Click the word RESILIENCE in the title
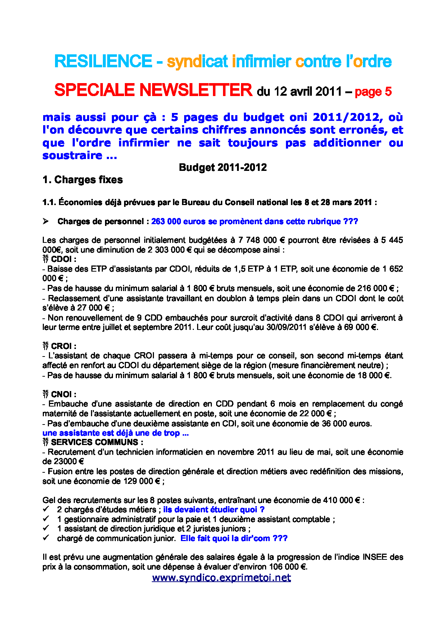[x=103, y=62]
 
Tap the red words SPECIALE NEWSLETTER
[x=153, y=90]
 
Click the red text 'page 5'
[x=373, y=92]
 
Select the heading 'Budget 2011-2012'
[x=223, y=168]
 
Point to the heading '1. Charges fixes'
[x=82, y=180]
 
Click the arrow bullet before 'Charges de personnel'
[x=46, y=221]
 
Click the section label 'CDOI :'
[x=63, y=259]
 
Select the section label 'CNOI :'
[x=63, y=395]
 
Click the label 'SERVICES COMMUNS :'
[x=97, y=442]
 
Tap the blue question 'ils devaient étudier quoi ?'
[x=214, y=510]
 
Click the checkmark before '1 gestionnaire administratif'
[x=46, y=519]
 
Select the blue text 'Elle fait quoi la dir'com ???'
[x=234, y=539]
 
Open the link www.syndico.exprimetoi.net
[x=222, y=578]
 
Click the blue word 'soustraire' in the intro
[x=72, y=155]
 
